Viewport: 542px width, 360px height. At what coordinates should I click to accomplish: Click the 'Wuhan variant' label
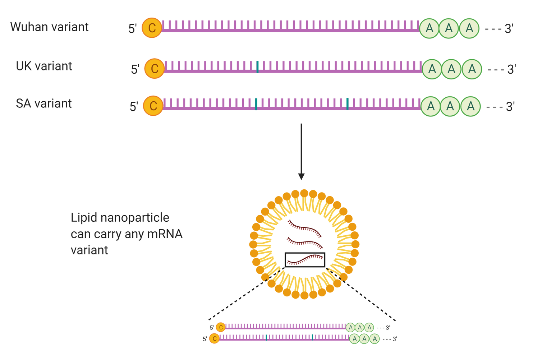49,27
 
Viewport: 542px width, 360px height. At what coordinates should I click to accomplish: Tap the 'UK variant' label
44,66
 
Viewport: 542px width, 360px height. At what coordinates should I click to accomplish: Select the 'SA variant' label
44,103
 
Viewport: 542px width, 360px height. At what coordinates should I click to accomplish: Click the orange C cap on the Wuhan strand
152,28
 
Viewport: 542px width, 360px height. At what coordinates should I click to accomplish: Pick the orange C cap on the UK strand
155,68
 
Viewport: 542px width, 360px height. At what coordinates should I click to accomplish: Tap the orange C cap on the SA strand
153,106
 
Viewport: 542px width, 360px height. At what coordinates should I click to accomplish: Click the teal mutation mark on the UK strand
258,67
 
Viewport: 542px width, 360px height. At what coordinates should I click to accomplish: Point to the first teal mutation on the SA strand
256,104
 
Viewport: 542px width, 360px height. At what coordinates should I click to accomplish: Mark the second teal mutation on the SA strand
348,104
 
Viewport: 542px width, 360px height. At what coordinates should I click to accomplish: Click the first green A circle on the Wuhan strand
430,28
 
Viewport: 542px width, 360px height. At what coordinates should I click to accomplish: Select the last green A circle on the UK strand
472,69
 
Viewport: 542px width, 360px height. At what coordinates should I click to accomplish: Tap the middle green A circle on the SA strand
450,106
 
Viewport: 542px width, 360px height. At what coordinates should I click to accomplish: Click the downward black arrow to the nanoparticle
301,151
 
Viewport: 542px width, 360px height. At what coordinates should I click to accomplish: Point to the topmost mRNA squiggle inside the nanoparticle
305,227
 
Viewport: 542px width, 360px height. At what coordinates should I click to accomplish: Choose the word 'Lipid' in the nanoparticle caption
83,218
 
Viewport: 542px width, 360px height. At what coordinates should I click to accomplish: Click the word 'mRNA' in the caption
165,234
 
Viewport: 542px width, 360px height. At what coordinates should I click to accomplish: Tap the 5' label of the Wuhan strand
133,28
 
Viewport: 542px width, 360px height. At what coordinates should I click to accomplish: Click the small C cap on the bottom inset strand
215,338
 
